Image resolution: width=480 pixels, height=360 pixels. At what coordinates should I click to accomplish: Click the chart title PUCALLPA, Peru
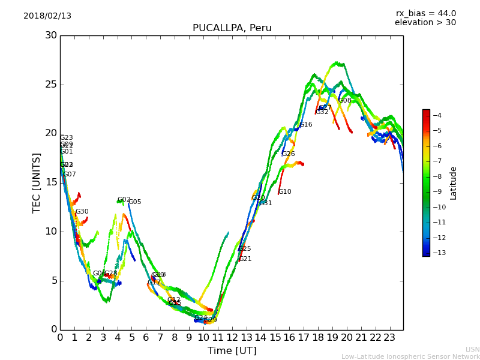(x=232, y=28)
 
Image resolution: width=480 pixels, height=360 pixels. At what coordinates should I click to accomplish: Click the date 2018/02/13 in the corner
(x=47, y=16)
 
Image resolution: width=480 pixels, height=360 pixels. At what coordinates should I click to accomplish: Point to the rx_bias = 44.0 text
(x=425, y=14)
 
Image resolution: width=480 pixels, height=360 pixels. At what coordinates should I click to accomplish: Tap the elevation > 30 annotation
(x=425, y=23)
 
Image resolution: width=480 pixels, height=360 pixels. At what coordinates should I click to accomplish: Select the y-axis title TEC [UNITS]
(x=37, y=182)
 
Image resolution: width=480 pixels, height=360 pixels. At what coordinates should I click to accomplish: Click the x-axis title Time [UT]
(x=232, y=350)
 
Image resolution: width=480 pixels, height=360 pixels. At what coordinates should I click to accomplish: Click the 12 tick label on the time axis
(x=232, y=337)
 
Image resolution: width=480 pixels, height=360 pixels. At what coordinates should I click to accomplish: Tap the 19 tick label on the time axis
(x=332, y=337)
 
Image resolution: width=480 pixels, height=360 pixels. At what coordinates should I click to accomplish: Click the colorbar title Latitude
(x=454, y=182)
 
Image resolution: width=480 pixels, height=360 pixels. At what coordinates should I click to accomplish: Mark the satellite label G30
(x=82, y=212)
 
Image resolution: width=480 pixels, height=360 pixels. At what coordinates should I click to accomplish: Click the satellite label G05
(x=135, y=202)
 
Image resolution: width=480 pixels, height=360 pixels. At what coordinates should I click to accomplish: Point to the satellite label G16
(x=305, y=125)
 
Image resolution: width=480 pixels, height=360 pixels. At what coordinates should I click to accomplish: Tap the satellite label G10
(x=284, y=192)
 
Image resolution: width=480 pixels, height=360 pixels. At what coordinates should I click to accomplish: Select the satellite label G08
(x=344, y=101)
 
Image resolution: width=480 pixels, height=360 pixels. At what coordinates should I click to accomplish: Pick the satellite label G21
(x=245, y=259)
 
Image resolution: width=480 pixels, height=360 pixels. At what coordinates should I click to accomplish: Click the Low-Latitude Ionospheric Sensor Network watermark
(x=410, y=356)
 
